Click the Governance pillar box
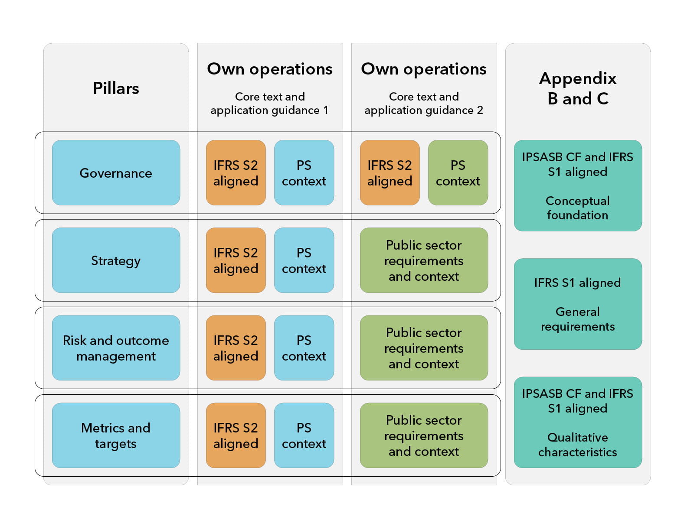(116, 172)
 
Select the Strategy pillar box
(116, 260)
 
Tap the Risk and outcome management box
(116, 348)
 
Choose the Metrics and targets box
(116, 435)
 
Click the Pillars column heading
(116, 88)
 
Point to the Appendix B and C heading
(578, 88)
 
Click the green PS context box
(458, 172)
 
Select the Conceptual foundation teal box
(578, 185)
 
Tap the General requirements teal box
(578, 304)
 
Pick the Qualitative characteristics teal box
(578, 422)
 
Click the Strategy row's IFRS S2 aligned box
(236, 260)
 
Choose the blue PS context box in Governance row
(304, 172)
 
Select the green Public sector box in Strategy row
(424, 260)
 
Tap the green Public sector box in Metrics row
(424, 435)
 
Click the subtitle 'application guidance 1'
(269, 110)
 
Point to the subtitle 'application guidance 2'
(424, 110)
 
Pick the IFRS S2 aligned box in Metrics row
(236, 435)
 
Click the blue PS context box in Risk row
(304, 348)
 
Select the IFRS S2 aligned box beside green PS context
(390, 172)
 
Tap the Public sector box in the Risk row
(424, 348)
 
